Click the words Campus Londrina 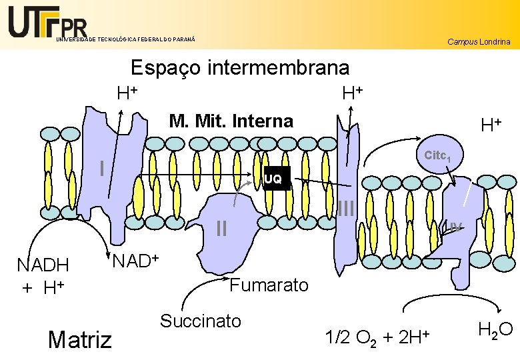coord(479,42)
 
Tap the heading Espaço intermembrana coord(240,68)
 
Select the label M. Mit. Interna coord(231,121)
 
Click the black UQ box coord(273,179)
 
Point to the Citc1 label coord(439,156)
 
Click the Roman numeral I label coord(101,168)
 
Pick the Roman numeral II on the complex coord(222,229)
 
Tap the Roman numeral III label coord(346,209)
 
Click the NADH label coord(43,265)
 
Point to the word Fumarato coord(269,285)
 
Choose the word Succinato coord(200,321)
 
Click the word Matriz coord(80,339)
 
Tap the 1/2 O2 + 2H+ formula coord(376,337)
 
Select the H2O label coord(495,328)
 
